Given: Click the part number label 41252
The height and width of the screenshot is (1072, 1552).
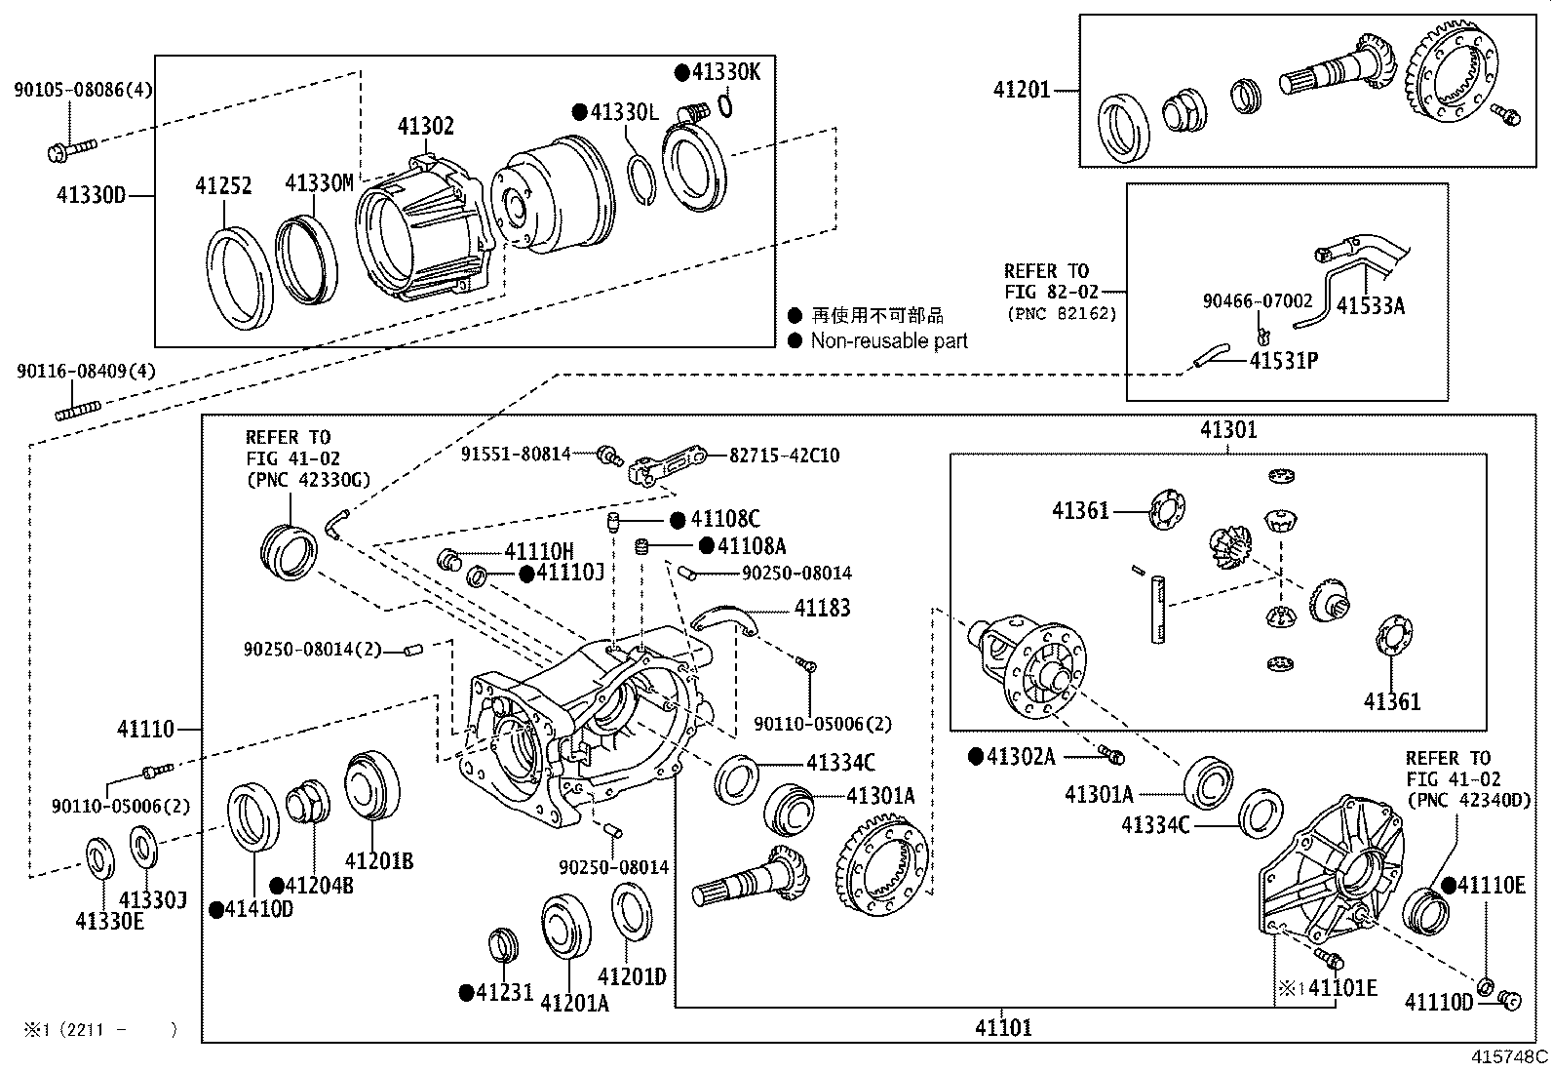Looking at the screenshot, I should pyautogui.click(x=223, y=185).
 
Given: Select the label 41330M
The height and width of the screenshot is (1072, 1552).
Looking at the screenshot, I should pyautogui.click(x=319, y=183).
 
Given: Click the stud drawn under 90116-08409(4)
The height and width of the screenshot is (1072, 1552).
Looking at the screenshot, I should pyautogui.click(x=79, y=413).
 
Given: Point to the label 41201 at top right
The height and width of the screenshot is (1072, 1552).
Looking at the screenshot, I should pyautogui.click(x=1022, y=91).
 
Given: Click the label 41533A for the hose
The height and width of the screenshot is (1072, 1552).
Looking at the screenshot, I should pyautogui.click(x=1371, y=306).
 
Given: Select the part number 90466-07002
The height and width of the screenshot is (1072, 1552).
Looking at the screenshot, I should pyautogui.click(x=1258, y=302).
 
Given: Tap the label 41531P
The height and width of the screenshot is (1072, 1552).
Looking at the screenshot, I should pyautogui.click(x=1284, y=361).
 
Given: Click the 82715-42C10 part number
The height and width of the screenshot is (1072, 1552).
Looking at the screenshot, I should pyautogui.click(x=784, y=456).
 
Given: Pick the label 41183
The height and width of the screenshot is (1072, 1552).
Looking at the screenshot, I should pyautogui.click(x=822, y=609).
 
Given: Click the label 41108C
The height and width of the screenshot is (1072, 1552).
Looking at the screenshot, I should pyautogui.click(x=724, y=520).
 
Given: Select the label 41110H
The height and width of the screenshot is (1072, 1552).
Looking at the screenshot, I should pyautogui.click(x=539, y=552).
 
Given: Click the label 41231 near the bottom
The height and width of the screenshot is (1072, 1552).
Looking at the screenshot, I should pyautogui.click(x=504, y=993).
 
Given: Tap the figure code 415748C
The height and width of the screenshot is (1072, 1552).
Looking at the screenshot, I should pyautogui.click(x=1510, y=1056).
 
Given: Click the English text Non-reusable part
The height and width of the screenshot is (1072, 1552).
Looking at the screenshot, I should pyautogui.click(x=889, y=340).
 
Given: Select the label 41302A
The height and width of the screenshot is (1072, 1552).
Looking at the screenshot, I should pyautogui.click(x=1021, y=756).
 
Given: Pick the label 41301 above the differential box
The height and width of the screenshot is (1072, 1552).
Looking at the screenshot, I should pyautogui.click(x=1228, y=430).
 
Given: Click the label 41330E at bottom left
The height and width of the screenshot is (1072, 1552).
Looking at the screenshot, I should pyautogui.click(x=109, y=921).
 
